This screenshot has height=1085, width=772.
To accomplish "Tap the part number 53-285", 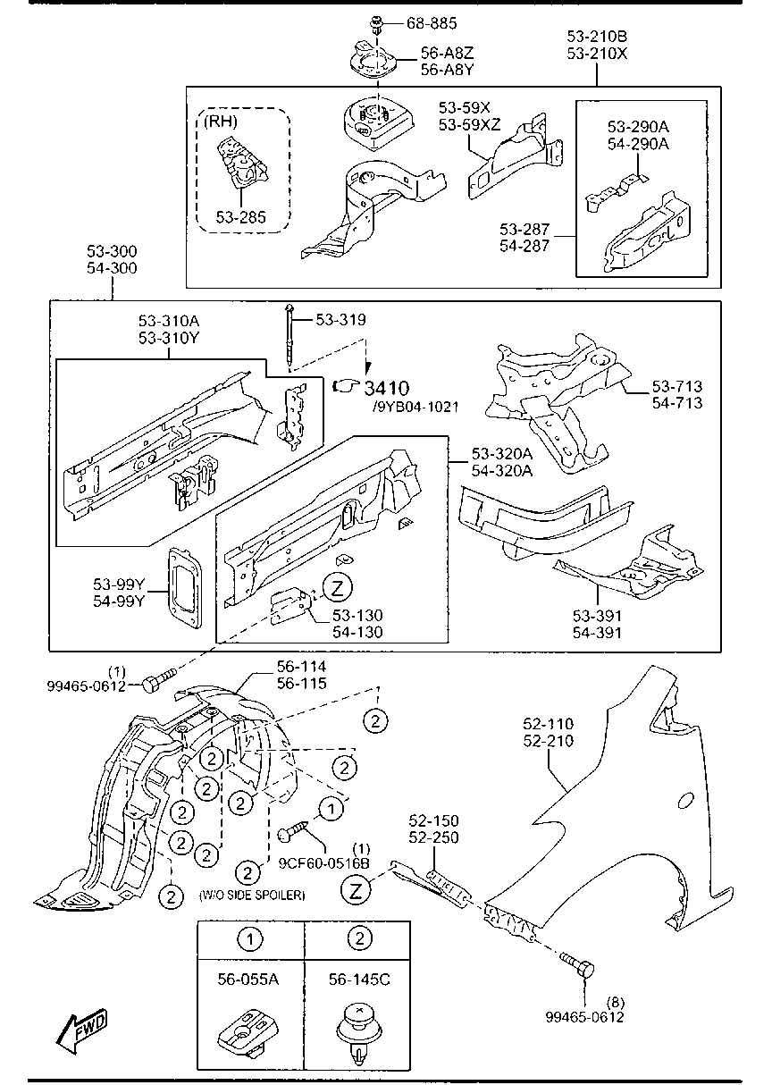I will [x=240, y=216].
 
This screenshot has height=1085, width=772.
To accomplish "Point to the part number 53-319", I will [x=340, y=319].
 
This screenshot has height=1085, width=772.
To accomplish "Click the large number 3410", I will [x=387, y=388].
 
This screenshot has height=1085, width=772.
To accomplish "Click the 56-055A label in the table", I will [x=248, y=980].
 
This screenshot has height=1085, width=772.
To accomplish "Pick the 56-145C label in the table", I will [x=358, y=980].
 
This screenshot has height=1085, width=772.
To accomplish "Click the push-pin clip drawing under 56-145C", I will [x=357, y=1033].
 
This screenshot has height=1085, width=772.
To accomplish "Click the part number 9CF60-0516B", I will [x=323, y=863].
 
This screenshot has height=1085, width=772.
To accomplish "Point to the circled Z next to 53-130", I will [x=337, y=587].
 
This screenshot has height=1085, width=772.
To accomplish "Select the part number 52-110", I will [x=548, y=724].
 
